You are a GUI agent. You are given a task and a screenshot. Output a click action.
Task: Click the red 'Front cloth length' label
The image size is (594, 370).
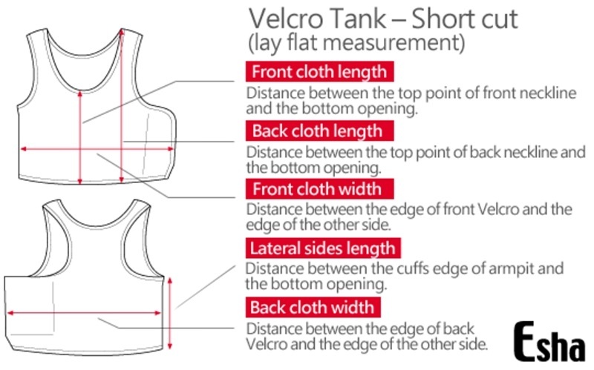(x=319, y=73)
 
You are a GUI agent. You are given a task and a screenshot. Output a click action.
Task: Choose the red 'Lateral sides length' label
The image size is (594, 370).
(x=323, y=248)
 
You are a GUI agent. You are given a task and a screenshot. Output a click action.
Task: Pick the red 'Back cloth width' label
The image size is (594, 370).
(x=312, y=307)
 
